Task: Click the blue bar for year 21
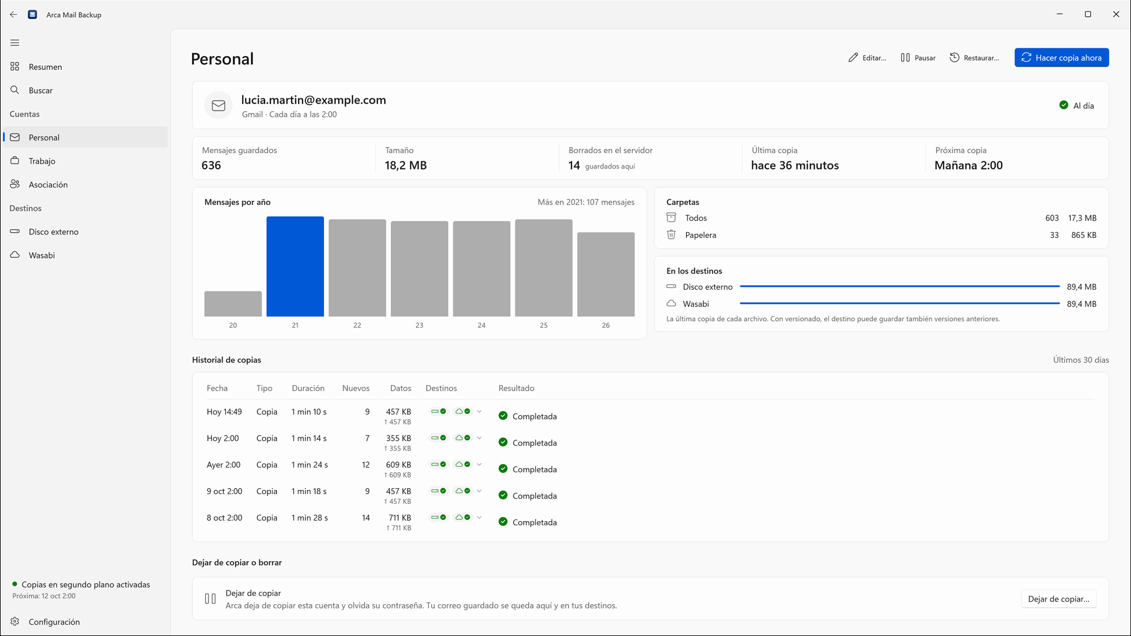pos(295,266)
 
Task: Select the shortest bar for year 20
pos(233,304)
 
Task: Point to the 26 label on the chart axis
pos(606,325)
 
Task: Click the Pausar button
pos(918,58)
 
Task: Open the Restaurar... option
pos(974,58)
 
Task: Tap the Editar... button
pos(867,58)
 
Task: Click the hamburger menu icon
pos(15,42)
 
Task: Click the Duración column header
pos(308,388)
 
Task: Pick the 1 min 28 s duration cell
pos(310,518)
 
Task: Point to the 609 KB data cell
pos(398,465)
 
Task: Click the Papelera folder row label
pos(700,235)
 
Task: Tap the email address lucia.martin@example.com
pos(313,100)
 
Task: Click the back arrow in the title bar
pos(14,15)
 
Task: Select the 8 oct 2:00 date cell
pos(224,518)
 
